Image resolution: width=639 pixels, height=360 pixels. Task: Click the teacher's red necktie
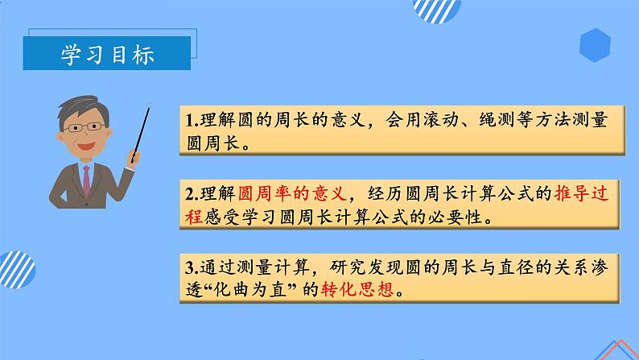86,180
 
